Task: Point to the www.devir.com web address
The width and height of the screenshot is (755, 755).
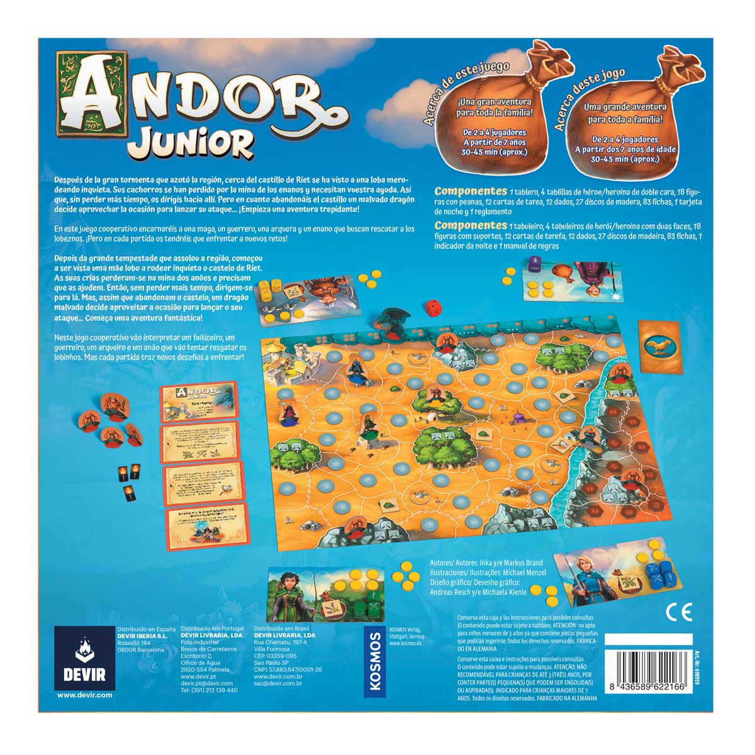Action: pos(85,695)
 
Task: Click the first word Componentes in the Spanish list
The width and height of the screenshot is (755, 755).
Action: pos(470,191)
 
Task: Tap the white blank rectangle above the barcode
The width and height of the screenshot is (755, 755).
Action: pos(648,639)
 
